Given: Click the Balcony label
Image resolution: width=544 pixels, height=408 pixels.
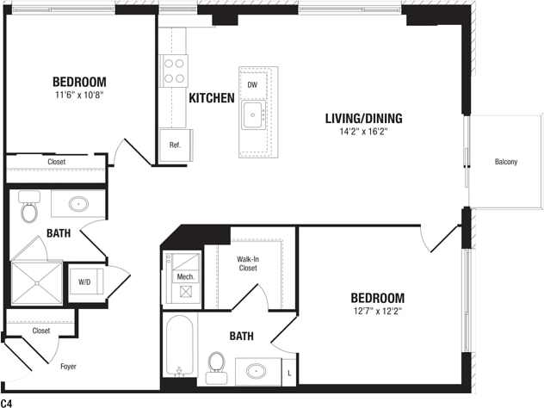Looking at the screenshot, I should [x=506, y=162].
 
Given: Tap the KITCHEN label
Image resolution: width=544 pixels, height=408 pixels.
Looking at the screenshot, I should [x=212, y=98].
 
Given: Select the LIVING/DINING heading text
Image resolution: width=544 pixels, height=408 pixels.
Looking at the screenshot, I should [x=364, y=118].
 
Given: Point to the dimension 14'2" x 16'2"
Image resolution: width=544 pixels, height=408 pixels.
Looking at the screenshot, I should [x=364, y=133].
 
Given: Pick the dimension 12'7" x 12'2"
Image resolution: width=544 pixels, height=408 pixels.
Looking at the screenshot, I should [x=377, y=310].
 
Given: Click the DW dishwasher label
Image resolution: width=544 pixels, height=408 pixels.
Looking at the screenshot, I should [x=252, y=85].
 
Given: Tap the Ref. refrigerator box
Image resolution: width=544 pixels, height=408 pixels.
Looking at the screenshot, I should [x=175, y=145].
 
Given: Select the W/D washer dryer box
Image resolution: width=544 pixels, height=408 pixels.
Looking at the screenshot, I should [x=85, y=281].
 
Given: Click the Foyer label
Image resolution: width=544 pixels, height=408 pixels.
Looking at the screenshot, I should [x=67, y=367].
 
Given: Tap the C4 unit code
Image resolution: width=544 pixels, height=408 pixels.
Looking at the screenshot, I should [x=7, y=402].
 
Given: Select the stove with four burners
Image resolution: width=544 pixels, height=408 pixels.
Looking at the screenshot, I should [x=175, y=69].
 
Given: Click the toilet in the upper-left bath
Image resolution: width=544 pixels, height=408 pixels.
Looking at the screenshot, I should [x=30, y=209].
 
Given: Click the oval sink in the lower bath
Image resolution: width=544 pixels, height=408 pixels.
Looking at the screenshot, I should [x=257, y=372].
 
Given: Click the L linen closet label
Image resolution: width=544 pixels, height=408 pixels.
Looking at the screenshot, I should [x=288, y=373].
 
